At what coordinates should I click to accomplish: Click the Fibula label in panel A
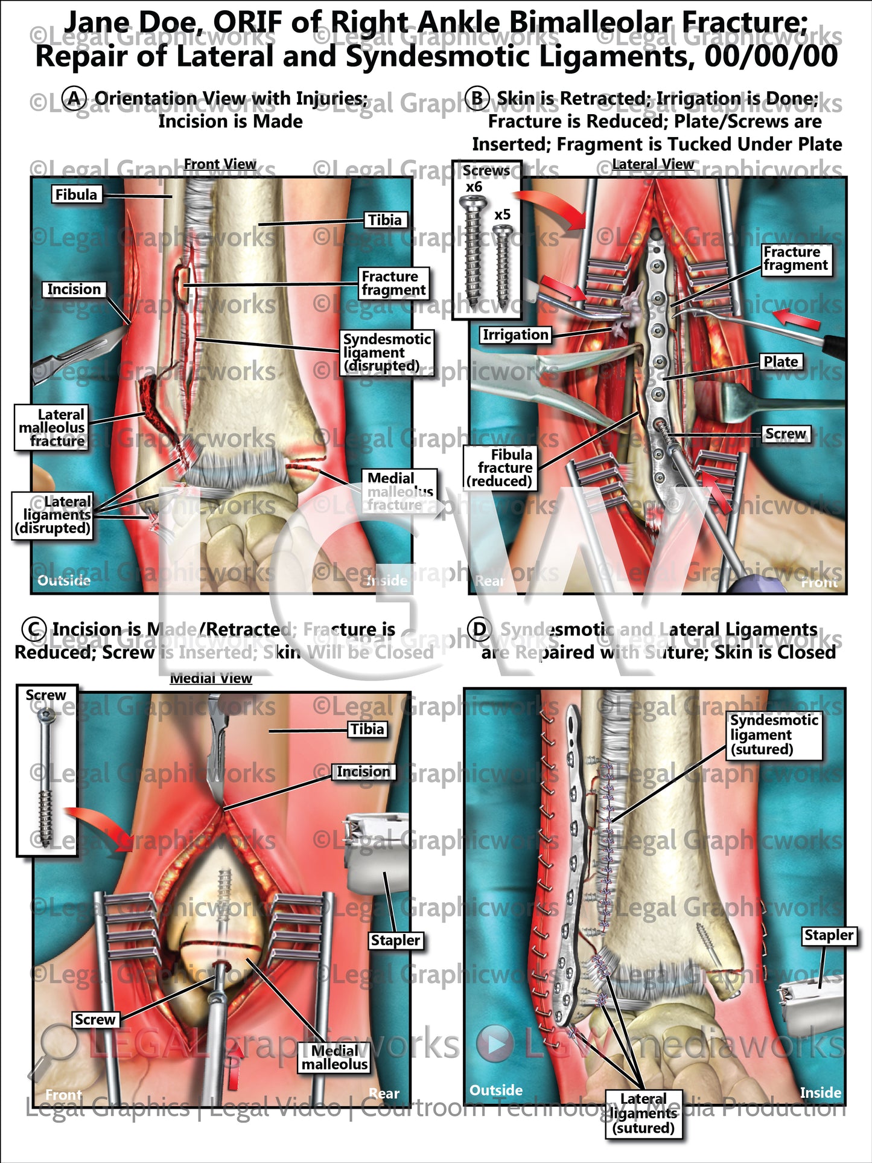point(76,194)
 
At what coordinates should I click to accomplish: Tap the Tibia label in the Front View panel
point(385,220)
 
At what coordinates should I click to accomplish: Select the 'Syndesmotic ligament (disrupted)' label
point(386,353)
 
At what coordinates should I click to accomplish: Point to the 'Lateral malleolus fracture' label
point(51,428)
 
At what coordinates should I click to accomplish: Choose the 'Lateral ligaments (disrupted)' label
point(53,514)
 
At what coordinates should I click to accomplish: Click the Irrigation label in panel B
point(515,335)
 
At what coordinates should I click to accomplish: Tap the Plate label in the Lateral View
point(780,362)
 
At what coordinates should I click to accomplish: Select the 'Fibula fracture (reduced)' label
point(500,468)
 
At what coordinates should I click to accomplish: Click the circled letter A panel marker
point(75,98)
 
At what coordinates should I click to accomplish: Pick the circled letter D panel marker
point(479,629)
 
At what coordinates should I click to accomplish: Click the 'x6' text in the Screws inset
point(474,187)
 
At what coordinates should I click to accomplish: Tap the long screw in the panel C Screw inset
point(46,767)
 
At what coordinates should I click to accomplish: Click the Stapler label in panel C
point(395,940)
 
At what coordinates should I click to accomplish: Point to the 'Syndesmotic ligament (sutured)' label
point(774,734)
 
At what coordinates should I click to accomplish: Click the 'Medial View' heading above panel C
point(211,678)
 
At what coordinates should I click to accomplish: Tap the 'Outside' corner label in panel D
point(496,1090)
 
